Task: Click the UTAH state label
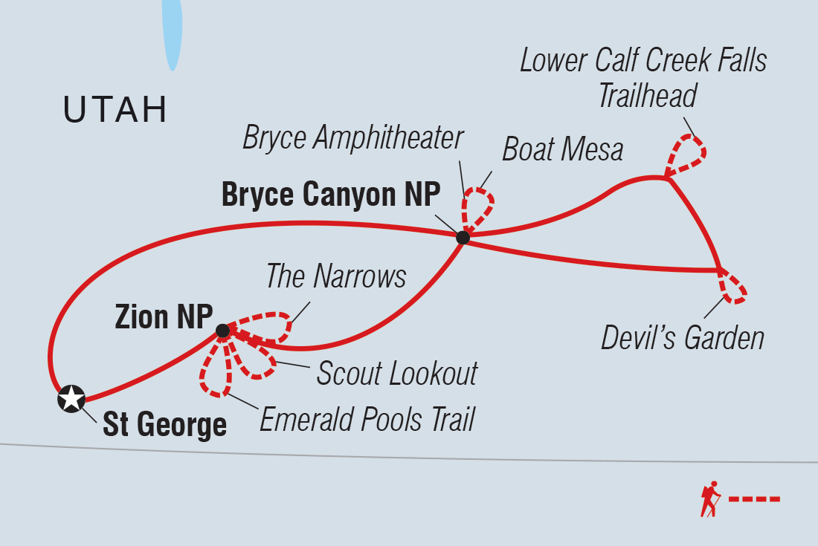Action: pos(115,110)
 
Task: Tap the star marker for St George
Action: pos(71,399)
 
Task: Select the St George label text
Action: pos(164,426)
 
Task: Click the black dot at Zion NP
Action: pos(222,331)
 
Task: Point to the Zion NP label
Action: pos(163,317)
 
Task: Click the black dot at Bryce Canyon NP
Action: pos(463,238)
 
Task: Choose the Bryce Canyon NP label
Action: pos(331,195)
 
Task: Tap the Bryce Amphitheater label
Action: pos(353,138)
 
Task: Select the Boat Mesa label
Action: pos(562,150)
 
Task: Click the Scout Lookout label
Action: pos(396,374)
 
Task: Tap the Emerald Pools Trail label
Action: pos(367,420)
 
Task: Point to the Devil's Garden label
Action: pos(683,339)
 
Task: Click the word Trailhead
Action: pos(647,97)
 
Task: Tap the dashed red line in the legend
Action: pos(754,498)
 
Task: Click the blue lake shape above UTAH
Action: pos(173,33)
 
